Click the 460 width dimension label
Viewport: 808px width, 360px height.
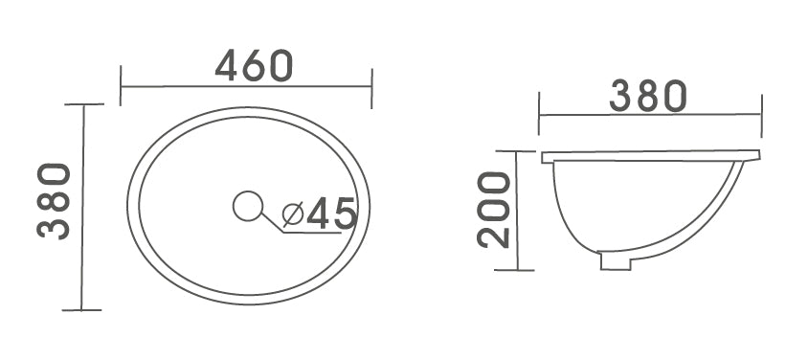(254, 65)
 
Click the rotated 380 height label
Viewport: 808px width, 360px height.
(55, 201)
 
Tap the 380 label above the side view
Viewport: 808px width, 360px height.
(649, 97)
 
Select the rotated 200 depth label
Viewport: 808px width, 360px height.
(495, 211)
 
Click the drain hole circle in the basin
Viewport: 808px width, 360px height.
(248, 205)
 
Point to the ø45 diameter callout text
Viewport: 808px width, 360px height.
(320, 213)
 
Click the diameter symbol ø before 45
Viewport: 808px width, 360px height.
(293, 213)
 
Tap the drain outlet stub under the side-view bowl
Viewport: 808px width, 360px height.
(615, 260)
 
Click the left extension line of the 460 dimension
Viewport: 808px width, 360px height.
(121, 85)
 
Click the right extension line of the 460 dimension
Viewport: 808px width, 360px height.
(371, 85)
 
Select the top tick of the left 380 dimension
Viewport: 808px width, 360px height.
(83, 104)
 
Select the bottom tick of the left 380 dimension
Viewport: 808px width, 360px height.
(82, 309)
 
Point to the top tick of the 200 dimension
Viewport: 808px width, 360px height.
(516, 151)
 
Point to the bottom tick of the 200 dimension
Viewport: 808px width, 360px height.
(516, 270)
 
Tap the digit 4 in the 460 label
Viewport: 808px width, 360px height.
(228, 65)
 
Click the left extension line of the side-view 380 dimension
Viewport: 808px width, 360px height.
(540, 114)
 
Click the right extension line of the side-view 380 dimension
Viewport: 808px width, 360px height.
(762, 114)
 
